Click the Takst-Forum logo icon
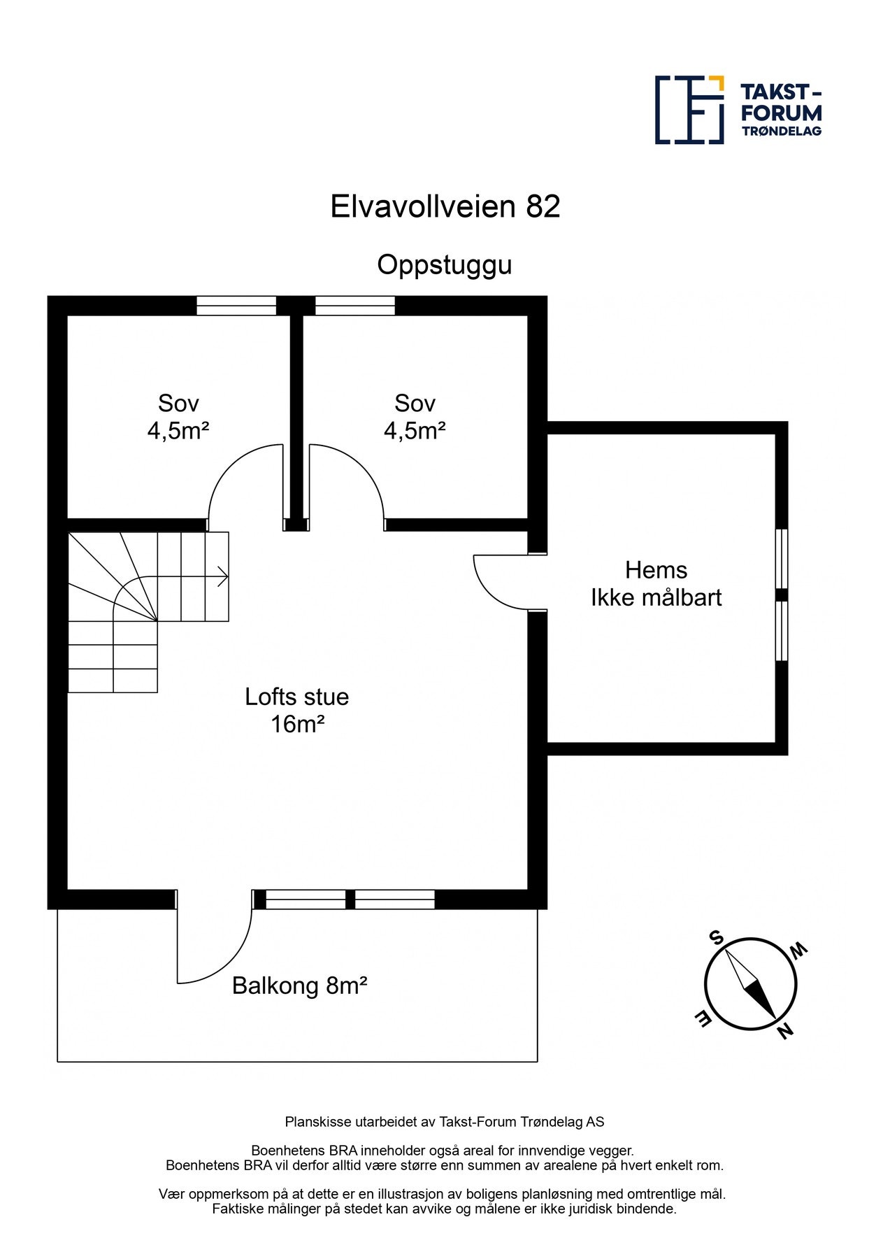pos(689,110)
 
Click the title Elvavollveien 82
pos(445,206)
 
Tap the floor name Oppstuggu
pos(445,265)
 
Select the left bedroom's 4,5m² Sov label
pos(178,417)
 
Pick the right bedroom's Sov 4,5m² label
pos(415,417)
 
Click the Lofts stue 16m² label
pos(297,710)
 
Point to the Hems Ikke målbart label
pos(656,583)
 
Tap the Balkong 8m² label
pos(300,986)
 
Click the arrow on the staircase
pos(222,577)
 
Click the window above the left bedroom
pos(236,306)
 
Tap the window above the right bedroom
pos(355,306)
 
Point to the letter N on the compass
pos(785,1031)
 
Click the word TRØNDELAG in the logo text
pos(781,131)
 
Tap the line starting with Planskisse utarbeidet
pos(445,1122)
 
